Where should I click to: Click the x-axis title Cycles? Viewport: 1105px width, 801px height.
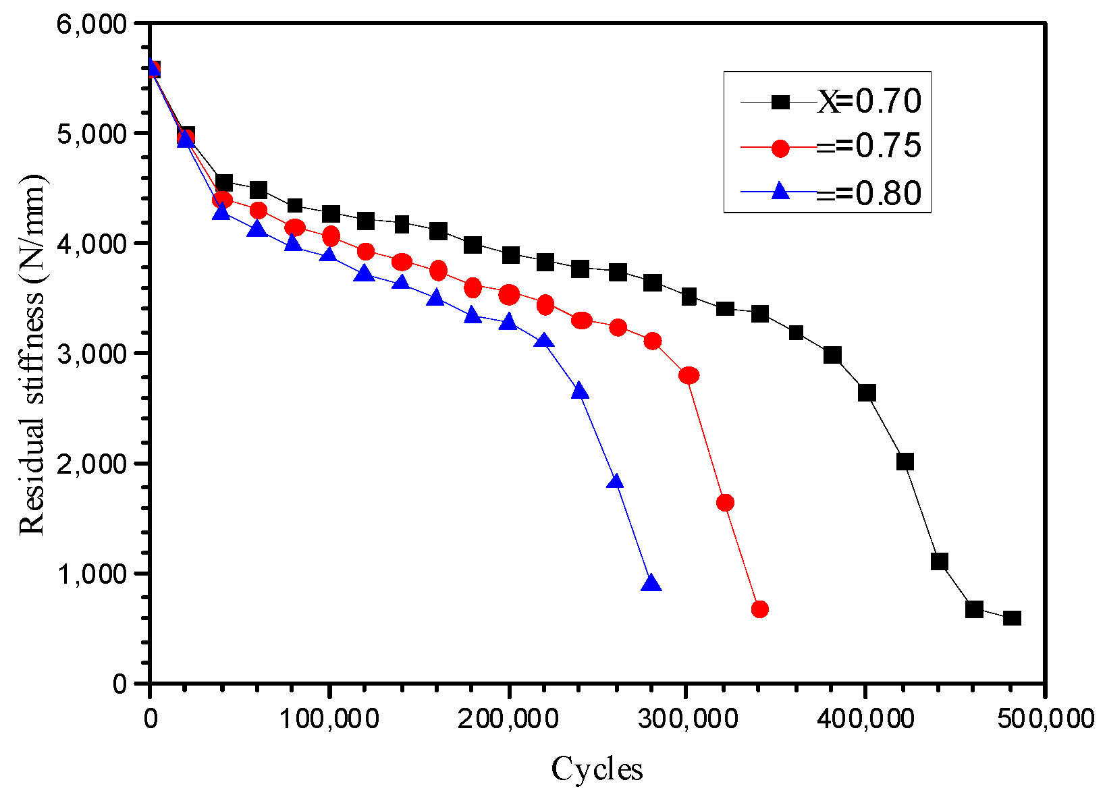coord(597,769)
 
